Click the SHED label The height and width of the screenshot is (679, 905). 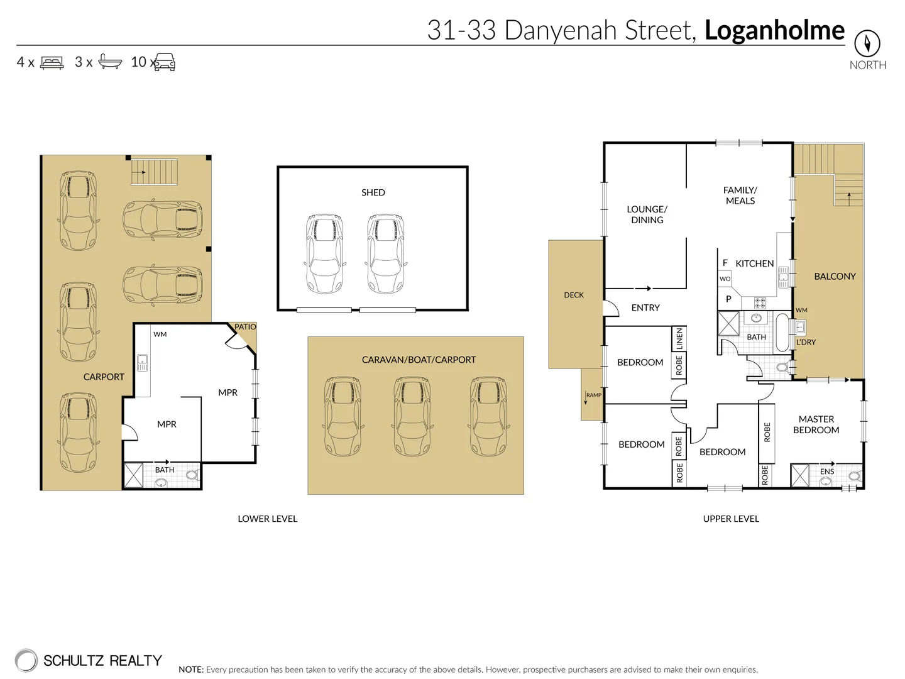tap(373, 192)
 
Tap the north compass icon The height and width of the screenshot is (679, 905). tap(867, 43)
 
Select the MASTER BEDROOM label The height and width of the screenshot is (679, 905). tap(816, 424)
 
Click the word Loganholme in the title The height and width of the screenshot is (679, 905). tap(774, 30)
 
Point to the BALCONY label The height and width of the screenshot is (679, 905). tap(835, 276)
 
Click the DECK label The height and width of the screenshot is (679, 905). tap(574, 295)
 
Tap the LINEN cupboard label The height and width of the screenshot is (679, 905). tap(679, 339)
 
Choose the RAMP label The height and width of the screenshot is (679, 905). tap(593, 395)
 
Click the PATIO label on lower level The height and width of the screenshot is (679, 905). tap(245, 327)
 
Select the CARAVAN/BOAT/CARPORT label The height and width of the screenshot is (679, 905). tap(419, 360)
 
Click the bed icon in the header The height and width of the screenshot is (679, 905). tap(52, 62)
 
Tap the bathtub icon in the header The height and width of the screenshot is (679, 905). tap(109, 62)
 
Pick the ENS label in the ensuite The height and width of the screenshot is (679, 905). tap(827, 472)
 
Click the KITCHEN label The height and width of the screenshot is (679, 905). tap(754, 263)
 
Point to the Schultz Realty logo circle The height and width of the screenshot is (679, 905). tap(26, 660)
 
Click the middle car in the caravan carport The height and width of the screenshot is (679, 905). tap(411, 416)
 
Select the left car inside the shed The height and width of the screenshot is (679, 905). tap(324, 254)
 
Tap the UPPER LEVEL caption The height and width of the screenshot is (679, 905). tap(731, 519)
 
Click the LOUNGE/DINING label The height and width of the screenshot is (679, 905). tap(647, 214)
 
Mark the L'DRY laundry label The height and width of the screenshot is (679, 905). tap(806, 342)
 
